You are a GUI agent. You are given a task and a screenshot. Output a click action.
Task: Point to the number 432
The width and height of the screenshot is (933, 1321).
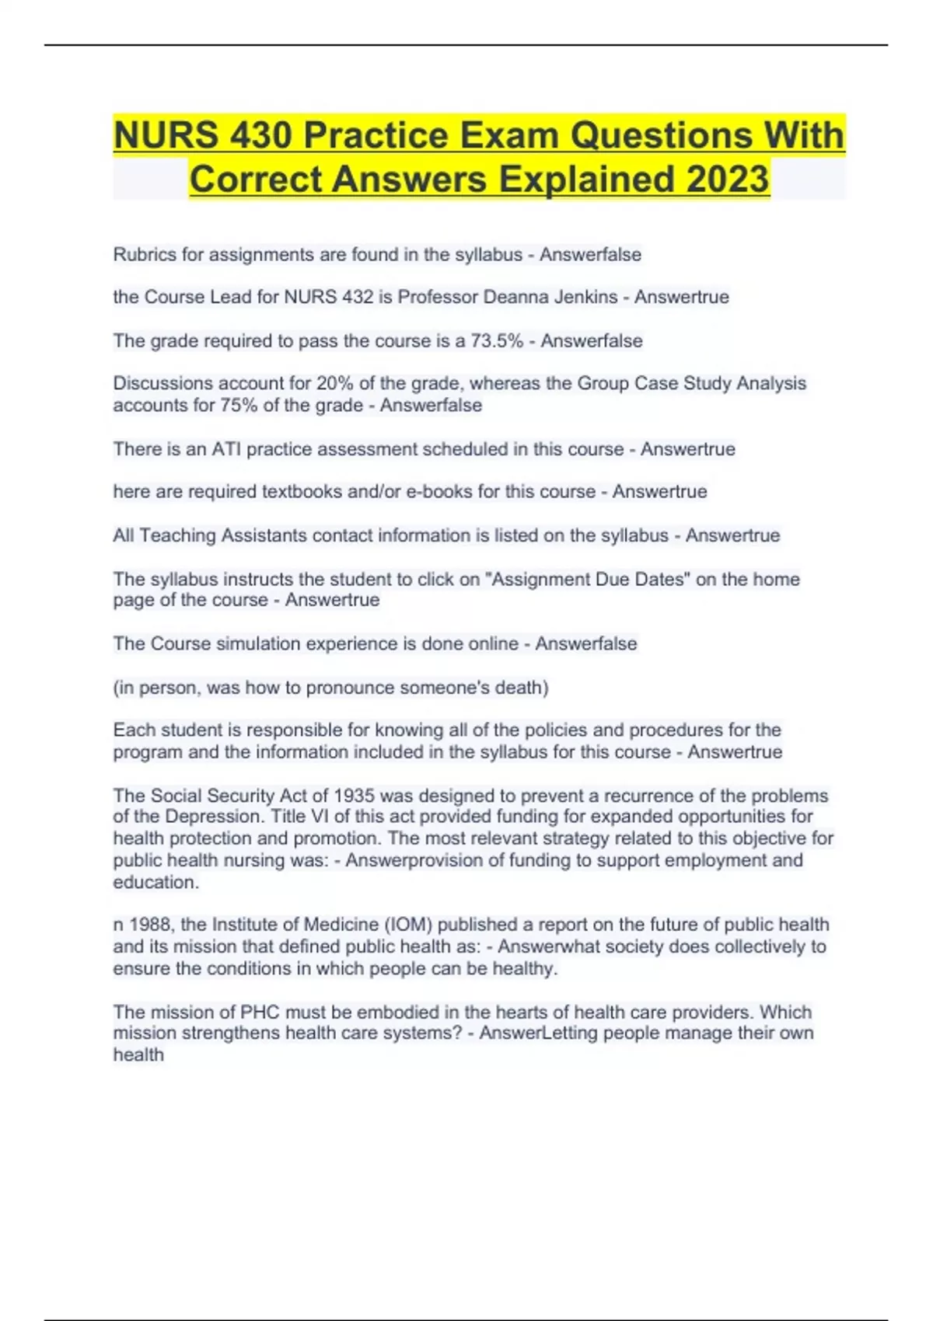357,298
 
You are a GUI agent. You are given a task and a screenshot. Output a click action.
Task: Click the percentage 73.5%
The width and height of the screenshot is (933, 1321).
496,341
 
